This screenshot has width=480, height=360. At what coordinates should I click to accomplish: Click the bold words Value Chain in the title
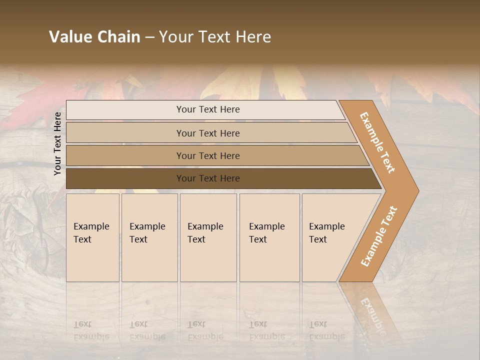[x=94, y=37]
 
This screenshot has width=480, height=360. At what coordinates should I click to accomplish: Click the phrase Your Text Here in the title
[x=215, y=37]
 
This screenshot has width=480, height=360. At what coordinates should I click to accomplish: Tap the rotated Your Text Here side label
[x=57, y=143]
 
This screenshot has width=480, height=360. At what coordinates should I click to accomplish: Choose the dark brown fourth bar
[x=125, y=178]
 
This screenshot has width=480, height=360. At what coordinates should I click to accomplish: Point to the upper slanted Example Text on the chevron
[x=377, y=142]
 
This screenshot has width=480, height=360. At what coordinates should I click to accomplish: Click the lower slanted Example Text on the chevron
[x=378, y=236]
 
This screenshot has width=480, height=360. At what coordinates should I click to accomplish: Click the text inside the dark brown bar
[x=208, y=178]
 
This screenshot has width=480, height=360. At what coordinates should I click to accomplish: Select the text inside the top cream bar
[x=208, y=109]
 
